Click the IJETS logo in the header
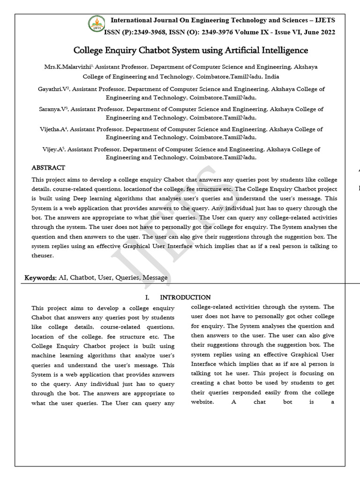(x=97, y=25)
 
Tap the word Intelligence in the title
(x=284, y=50)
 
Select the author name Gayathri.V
(x=53, y=89)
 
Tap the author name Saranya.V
(x=53, y=109)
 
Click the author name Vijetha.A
(x=54, y=129)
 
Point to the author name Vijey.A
(x=52, y=150)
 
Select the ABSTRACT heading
(x=48, y=168)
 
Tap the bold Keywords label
(x=40, y=278)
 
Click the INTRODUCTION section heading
(x=185, y=298)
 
